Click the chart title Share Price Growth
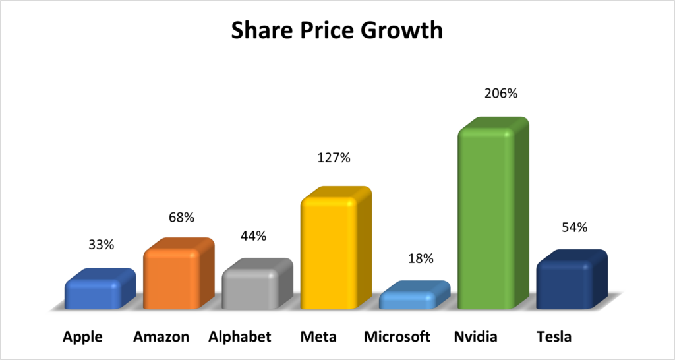pyautogui.click(x=336, y=30)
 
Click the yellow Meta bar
pyautogui.click(x=330, y=254)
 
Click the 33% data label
pyautogui.click(x=102, y=245)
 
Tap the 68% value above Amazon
pyautogui.click(x=181, y=217)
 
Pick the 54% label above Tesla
pyautogui.click(x=573, y=227)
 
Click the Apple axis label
pyautogui.click(x=82, y=337)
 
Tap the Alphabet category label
pyautogui.click(x=239, y=337)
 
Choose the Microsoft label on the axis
pyautogui.click(x=397, y=337)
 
